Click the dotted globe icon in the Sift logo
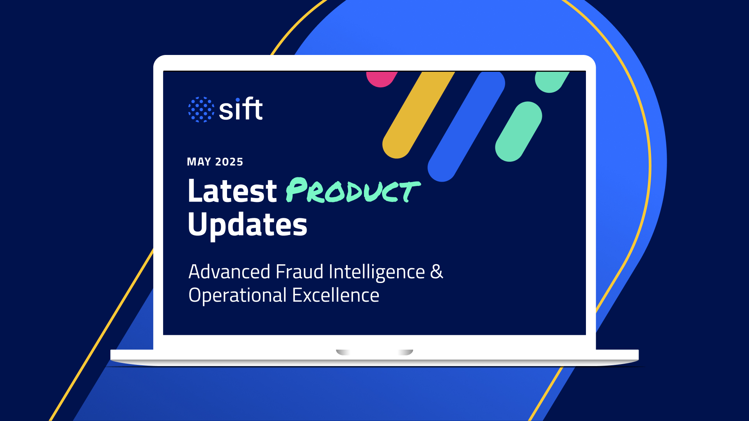(201, 110)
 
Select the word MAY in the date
(199, 162)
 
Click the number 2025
(229, 162)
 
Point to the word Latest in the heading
(232, 191)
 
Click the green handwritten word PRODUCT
(353, 191)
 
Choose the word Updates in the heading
(247, 225)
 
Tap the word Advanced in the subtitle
(229, 272)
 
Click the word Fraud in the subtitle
(299, 272)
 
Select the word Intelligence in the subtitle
(376, 272)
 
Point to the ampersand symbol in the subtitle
(437, 272)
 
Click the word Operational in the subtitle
(238, 295)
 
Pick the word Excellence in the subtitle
(335, 295)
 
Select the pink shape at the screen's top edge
(381, 78)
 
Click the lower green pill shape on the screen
(518, 132)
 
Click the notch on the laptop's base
(374, 352)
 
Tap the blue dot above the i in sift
(238, 100)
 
